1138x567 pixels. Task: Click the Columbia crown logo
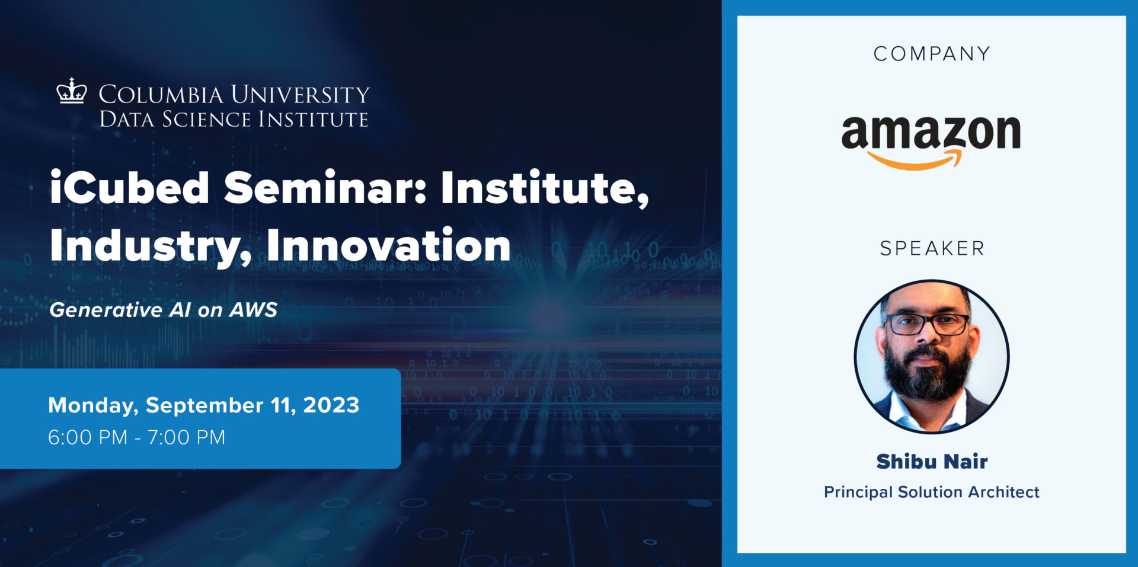71,92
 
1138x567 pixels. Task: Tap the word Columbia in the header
161,95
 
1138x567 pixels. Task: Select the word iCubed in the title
129,188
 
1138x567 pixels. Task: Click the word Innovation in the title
388,245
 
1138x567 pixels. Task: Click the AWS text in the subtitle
253,310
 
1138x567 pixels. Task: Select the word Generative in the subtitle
106,310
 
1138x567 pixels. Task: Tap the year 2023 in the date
331,405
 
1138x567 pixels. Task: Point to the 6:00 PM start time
88,437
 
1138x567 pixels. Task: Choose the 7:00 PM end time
186,437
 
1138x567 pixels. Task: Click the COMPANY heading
932,54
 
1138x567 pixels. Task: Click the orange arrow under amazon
916,161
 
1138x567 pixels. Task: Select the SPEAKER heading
932,248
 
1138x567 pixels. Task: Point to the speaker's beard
928,376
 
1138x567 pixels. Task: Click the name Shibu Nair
932,462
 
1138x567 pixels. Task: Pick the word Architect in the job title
1003,492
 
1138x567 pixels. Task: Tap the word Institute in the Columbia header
313,119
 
